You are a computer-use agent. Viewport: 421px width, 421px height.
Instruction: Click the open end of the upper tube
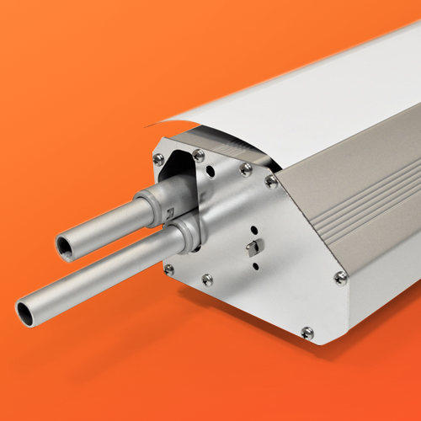pyautogui.click(x=66, y=246)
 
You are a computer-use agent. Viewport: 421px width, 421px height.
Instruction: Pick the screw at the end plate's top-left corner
pyautogui.click(x=158, y=158)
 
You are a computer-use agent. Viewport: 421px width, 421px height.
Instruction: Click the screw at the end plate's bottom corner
pyautogui.click(x=307, y=333)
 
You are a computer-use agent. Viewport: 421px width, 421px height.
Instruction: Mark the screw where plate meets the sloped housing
pyautogui.click(x=271, y=180)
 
